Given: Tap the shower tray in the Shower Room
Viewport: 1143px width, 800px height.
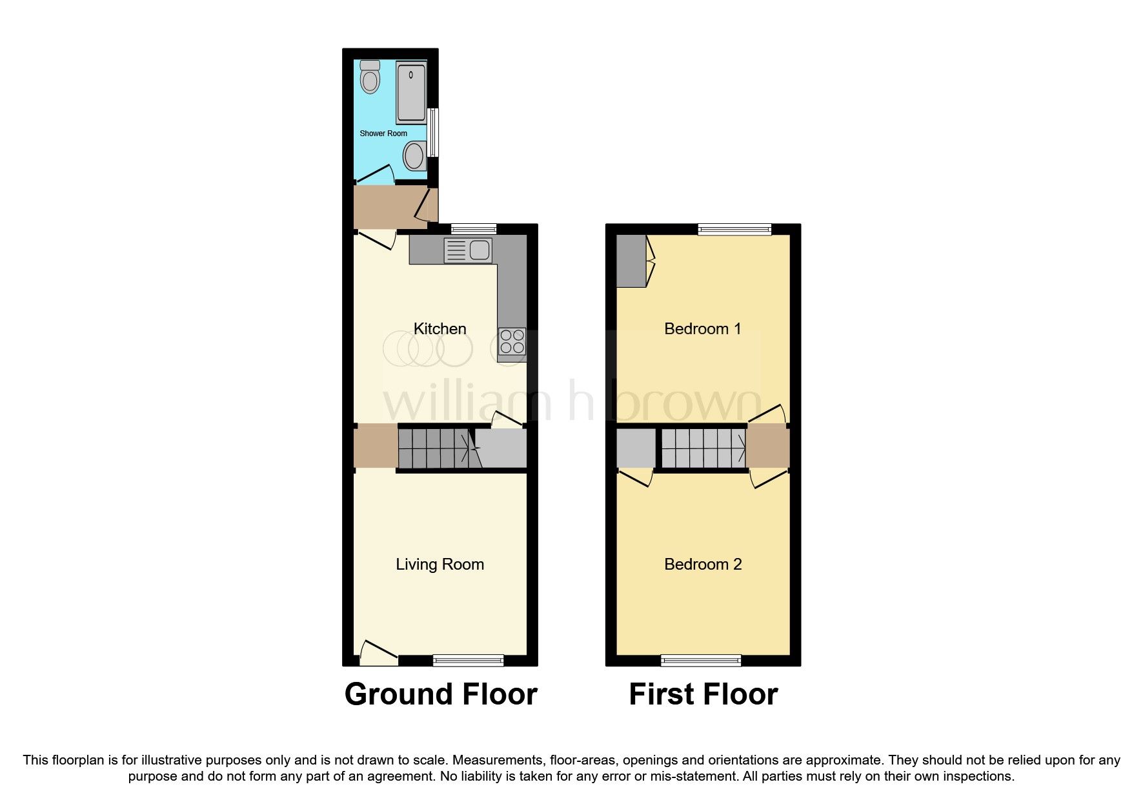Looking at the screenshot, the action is tap(411, 93).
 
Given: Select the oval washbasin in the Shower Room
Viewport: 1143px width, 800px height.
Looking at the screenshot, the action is tap(414, 155).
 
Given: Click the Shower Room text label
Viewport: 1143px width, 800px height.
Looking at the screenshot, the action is tap(383, 134).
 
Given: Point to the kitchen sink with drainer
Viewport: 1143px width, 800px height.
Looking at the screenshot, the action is tap(468, 250).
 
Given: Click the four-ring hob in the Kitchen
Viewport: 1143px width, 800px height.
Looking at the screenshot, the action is tap(512, 342).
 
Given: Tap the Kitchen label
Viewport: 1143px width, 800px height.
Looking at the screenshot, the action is tap(440, 328).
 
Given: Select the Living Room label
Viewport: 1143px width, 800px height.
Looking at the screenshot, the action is tap(440, 564).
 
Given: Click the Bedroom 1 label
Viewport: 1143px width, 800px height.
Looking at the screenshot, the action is tap(703, 328).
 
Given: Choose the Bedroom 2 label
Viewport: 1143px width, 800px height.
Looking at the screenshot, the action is tap(703, 564).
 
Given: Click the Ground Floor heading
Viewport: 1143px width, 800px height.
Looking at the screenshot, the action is tap(441, 694).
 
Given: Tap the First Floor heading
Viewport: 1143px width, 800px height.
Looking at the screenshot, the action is tap(703, 694).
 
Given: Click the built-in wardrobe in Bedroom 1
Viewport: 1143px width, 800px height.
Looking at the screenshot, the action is tap(631, 261).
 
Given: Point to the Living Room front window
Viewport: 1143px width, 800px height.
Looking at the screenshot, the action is tap(468, 660).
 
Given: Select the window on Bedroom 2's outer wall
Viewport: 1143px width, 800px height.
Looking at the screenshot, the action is tap(701, 660).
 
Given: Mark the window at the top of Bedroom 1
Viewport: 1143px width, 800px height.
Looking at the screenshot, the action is tap(734, 229).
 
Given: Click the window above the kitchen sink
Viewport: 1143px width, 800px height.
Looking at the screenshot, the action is tap(474, 229).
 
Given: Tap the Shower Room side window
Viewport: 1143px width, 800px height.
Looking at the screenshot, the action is tap(433, 132).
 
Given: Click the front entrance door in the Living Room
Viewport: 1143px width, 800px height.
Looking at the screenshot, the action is tap(378, 653).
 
